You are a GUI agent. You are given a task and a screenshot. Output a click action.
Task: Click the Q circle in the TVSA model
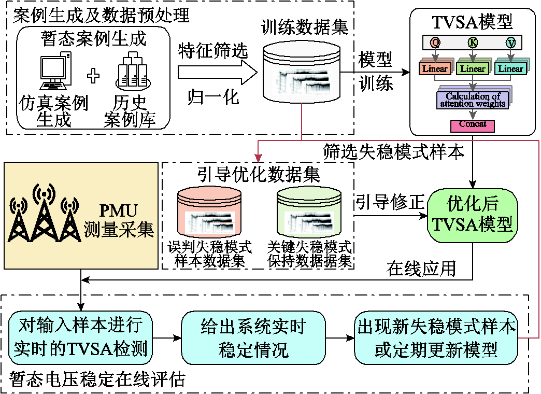point(435,43)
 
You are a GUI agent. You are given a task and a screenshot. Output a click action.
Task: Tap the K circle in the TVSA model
point(473,43)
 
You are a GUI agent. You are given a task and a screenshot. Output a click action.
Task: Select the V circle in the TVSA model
point(510,43)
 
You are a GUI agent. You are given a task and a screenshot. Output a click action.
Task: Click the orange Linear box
point(435,68)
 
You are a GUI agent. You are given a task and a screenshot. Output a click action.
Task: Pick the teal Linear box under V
point(510,68)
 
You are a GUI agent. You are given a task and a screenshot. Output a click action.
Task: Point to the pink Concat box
point(473,125)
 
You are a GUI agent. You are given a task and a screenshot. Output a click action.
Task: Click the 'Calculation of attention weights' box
point(473,100)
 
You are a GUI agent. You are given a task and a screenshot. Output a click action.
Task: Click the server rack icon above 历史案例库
point(133,71)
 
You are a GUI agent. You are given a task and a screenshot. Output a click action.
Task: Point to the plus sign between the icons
point(93,75)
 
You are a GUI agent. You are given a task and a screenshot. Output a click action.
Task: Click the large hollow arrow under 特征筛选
point(218,73)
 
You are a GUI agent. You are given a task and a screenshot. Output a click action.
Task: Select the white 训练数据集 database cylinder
point(302,72)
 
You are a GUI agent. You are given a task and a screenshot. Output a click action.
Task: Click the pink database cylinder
point(209,212)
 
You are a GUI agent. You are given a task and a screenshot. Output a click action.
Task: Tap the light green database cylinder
point(309,212)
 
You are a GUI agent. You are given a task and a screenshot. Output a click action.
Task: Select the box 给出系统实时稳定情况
point(253,337)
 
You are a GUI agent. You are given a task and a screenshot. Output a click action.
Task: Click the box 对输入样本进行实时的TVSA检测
point(80,337)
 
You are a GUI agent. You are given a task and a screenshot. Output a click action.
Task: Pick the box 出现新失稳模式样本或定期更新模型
point(436,337)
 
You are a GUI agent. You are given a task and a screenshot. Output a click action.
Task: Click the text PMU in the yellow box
point(118,210)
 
